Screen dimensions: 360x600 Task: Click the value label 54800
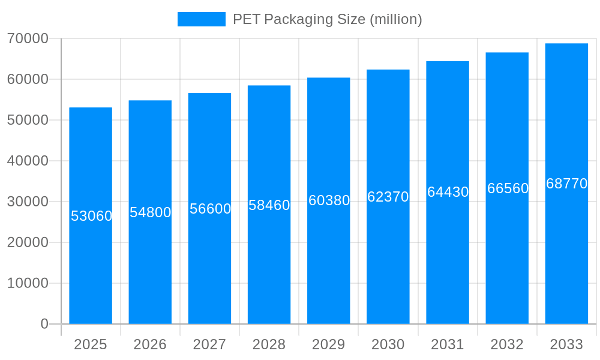[151, 212]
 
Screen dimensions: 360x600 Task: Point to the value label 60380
[329, 200]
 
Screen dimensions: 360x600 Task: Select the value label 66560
[508, 188]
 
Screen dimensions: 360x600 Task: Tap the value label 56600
[210, 209]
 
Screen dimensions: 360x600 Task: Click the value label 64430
[448, 192]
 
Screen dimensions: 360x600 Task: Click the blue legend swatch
[202, 19]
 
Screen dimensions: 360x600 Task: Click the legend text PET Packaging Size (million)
[327, 19]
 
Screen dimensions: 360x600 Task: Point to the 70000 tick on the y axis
[28, 38]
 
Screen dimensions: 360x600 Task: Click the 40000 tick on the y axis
[28, 161]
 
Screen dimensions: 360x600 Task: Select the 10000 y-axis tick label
[28, 283]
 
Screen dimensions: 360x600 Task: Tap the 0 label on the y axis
[44, 324]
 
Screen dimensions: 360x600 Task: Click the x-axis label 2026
[150, 344]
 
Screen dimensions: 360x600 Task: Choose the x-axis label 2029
[329, 344]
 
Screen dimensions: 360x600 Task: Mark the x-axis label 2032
[507, 344]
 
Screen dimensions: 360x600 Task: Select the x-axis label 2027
[209, 344]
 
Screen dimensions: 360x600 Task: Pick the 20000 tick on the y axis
[28, 242]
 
